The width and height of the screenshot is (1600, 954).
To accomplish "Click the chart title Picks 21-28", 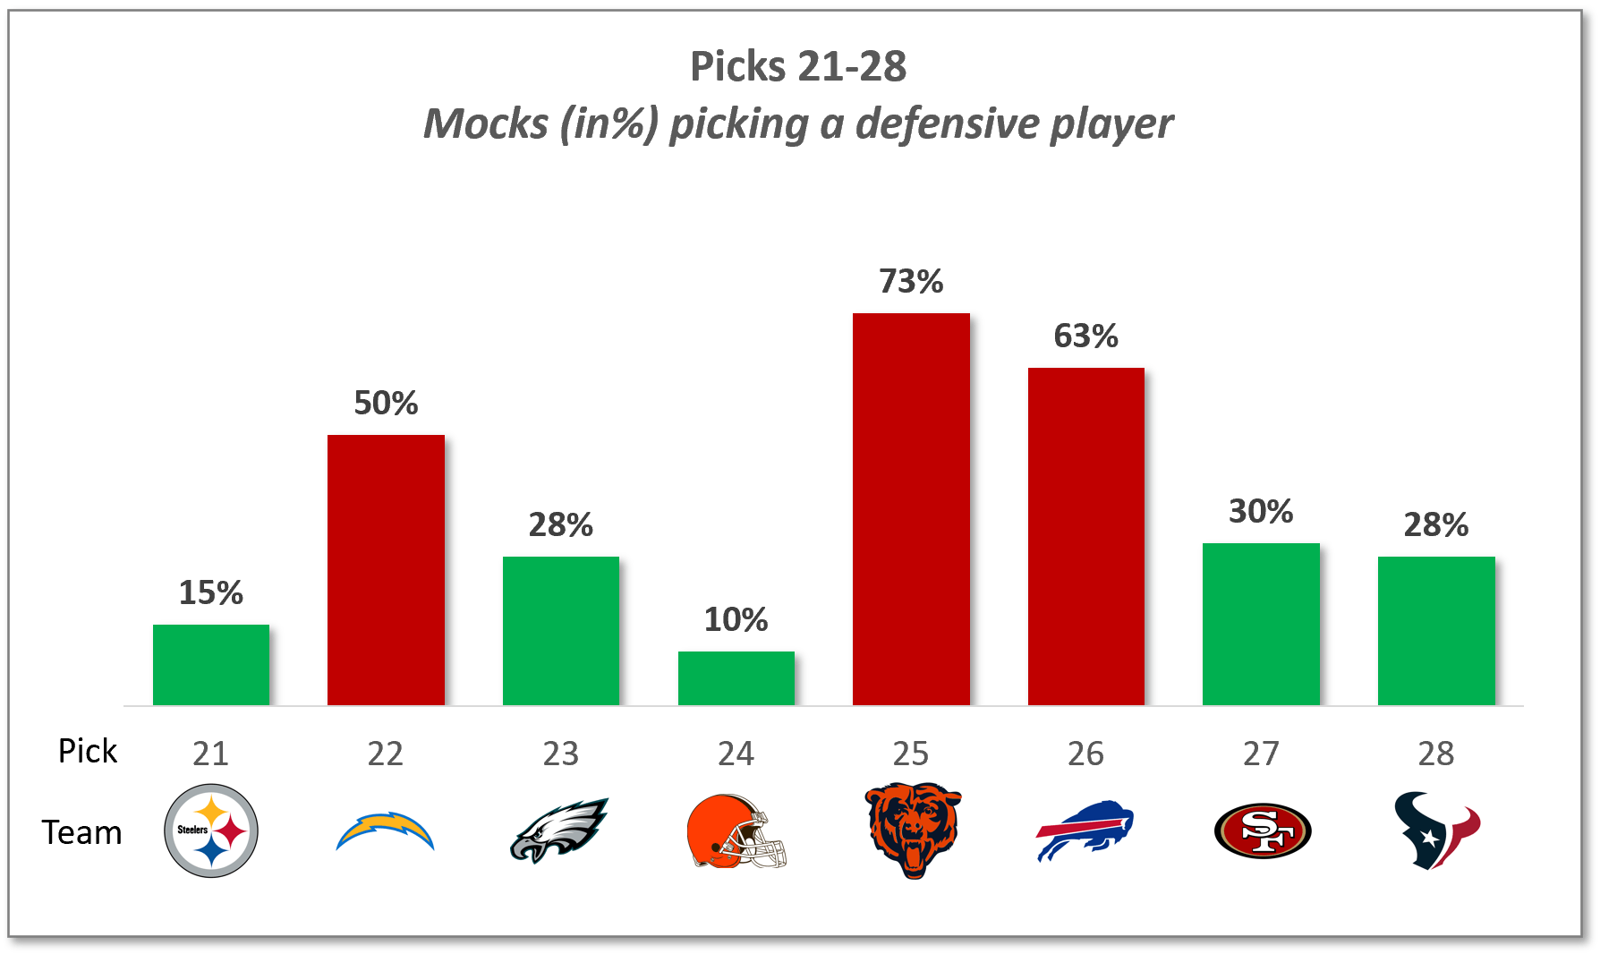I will (798, 66).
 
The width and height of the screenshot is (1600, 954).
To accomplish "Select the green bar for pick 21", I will (211, 665).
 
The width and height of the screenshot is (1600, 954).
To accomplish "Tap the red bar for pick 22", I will (386, 570).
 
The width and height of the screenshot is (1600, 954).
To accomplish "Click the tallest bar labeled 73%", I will (911, 509).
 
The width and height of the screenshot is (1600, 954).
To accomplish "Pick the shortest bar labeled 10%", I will (736, 678).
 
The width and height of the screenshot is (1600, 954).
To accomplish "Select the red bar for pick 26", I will (1085, 536).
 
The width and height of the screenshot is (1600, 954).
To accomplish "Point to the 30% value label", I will (1260, 511).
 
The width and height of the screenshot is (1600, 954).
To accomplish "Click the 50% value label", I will (386, 403).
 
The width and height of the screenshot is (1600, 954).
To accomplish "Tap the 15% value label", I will (211, 592).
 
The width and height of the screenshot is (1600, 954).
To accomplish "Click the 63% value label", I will (1085, 336).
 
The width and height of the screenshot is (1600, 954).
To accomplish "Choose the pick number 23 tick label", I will (561, 754).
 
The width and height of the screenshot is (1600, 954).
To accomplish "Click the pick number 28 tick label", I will (1435, 754).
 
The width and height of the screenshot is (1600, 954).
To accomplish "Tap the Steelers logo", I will (211, 830).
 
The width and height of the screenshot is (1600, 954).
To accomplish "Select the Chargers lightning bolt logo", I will (386, 831).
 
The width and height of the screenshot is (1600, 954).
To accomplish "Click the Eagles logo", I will (560, 830).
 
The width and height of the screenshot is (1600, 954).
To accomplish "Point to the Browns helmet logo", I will (736, 831).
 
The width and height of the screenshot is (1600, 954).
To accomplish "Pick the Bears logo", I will (912, 830).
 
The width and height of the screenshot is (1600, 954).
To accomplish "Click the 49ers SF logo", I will (1262, 830).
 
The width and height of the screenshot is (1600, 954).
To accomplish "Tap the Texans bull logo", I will (1435, 830).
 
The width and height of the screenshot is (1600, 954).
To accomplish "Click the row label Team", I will (81, 832).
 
